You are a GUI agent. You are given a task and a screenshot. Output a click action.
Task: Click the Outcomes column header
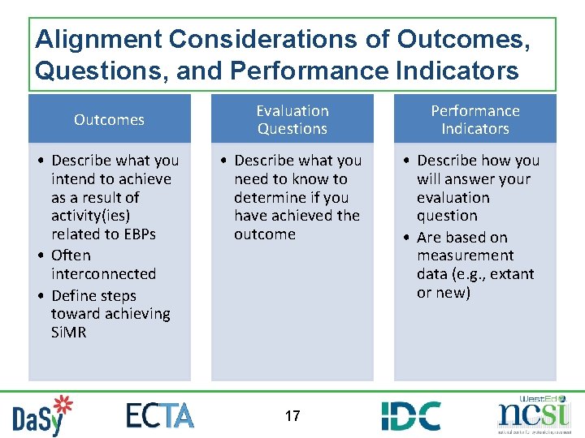coord(109,120)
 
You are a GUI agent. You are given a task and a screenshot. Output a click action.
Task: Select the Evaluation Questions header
coord(292,120)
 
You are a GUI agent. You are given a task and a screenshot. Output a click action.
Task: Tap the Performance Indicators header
coord(475,120)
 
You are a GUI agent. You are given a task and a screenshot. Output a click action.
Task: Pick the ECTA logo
coord(160,415)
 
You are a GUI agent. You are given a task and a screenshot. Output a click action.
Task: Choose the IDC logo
coord(411,415)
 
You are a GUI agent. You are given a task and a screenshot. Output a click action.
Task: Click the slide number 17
coord(292,416)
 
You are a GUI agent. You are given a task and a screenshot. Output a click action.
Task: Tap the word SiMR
coord(68,333)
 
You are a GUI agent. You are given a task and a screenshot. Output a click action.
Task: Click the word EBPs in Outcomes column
coord(136,234)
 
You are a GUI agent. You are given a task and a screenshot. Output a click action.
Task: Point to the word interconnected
coord(102,274)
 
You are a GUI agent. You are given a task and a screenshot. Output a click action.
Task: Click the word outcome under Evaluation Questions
coord(265,234)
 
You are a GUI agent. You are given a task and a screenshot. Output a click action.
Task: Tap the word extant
coord(512,274)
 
